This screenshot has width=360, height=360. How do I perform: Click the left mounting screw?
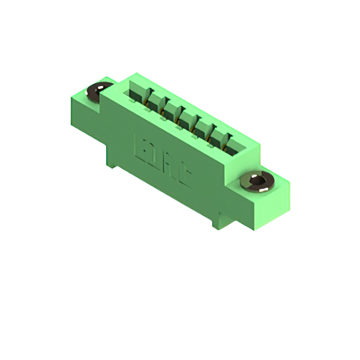[x=100, y=90]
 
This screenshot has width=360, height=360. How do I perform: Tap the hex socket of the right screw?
[x=258, y=181]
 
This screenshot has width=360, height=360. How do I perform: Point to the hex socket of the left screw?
[x=101, y=89]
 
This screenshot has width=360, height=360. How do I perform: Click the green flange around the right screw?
[x=276, y=186]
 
